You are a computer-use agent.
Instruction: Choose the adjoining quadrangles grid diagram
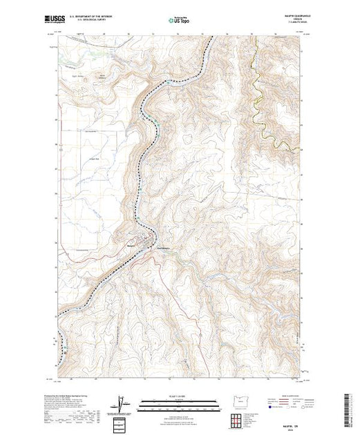pos(237,419)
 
